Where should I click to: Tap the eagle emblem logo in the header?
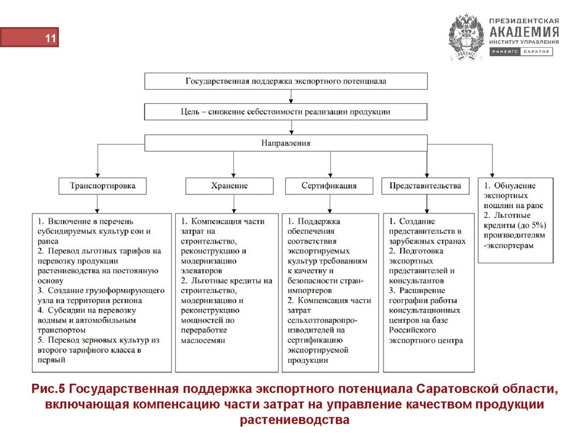pos(466,37)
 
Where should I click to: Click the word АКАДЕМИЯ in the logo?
pos(524,32)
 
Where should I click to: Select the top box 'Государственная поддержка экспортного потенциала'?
pos(286,81)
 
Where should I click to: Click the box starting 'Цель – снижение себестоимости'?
pos(286,112)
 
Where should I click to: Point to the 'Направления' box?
pos(286,143)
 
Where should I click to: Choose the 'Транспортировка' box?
pos(102,186)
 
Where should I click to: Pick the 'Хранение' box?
pos(229,186)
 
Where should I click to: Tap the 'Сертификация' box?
pos(329,186)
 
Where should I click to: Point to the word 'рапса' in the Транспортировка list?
pos(48,241)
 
